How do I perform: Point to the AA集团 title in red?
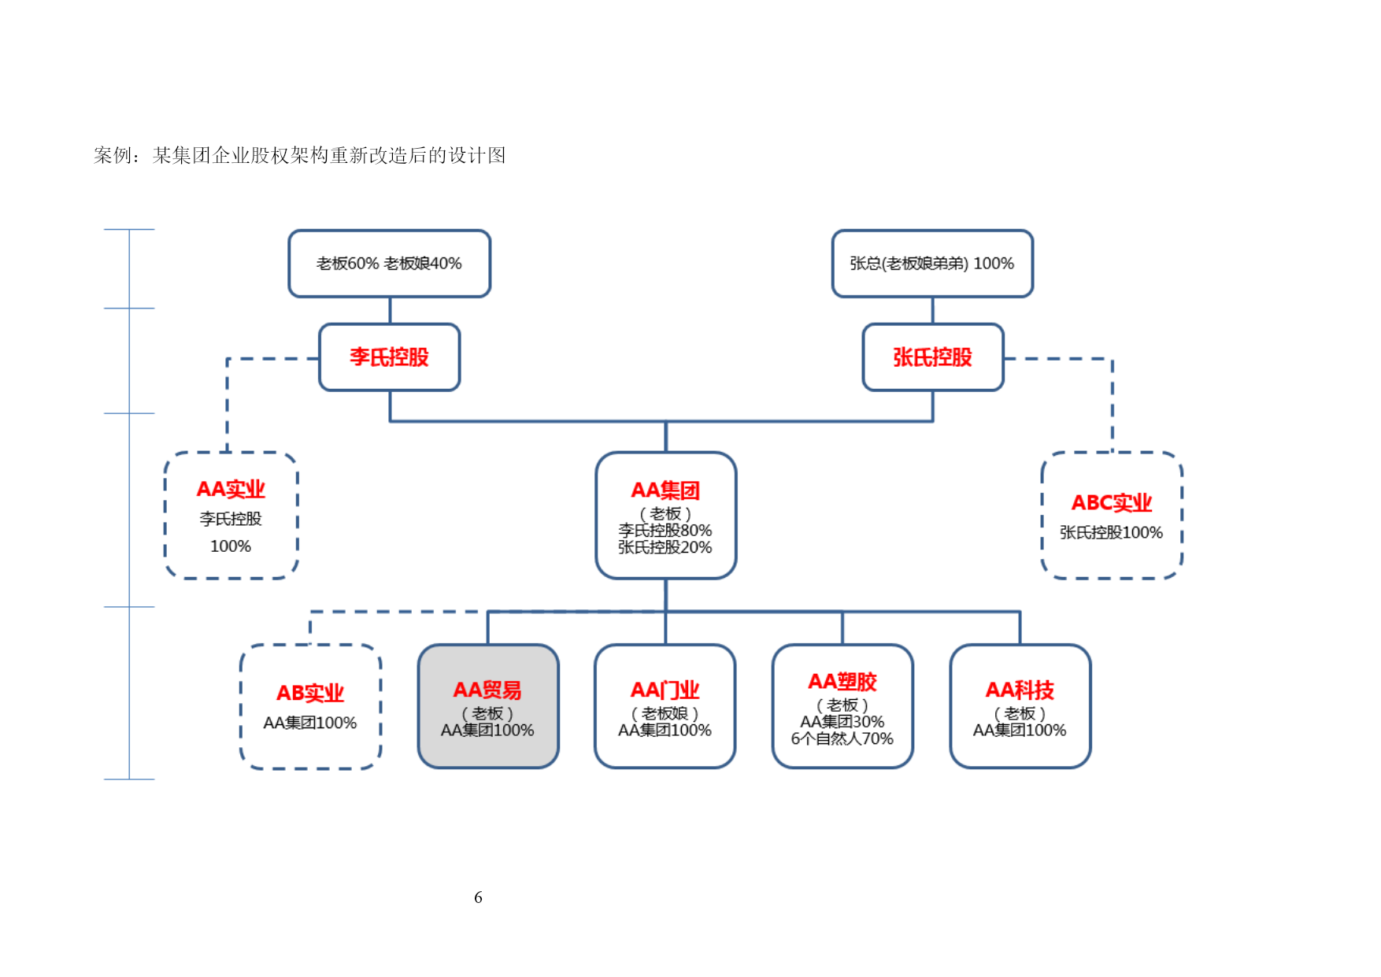click(x=665, y=490)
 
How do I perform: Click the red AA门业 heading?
click(x=665, y=690)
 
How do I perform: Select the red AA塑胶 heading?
click(x=842, y=682)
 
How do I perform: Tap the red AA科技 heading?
click(x=1020, y=690)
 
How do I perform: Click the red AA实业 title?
click(x=231, y=489)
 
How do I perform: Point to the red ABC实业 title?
click(x=1112, y=502)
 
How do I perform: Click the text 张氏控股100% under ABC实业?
click(x=1112, y=533)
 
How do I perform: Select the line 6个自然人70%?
click(x=842, y=739)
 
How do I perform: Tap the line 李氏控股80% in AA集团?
click(x=665, y=531)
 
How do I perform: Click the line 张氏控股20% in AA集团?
click(x=665, y=547)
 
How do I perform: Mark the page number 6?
click(x=478, y=897)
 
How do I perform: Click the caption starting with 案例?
click(x=300, y=155)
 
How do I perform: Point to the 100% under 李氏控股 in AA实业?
click(x=231, y=546)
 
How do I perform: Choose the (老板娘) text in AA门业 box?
click(x=665, y=714)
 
